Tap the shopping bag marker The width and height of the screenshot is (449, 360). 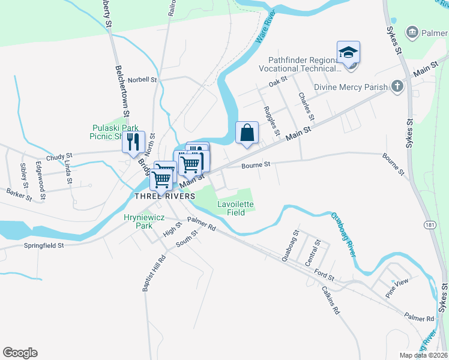click(247, 133)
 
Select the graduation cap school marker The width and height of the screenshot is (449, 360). click(348, 52)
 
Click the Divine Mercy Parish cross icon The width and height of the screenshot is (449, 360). click(397, 87)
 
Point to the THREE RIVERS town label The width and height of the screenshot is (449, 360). click(164, 196)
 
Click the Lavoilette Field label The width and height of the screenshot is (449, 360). click(235, 208)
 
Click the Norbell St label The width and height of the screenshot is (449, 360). click(142, 79)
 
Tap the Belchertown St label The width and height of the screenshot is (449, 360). click(122, 90)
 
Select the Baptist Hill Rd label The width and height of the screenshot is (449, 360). click(153, 274)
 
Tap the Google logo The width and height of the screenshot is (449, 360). click(20, 353)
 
